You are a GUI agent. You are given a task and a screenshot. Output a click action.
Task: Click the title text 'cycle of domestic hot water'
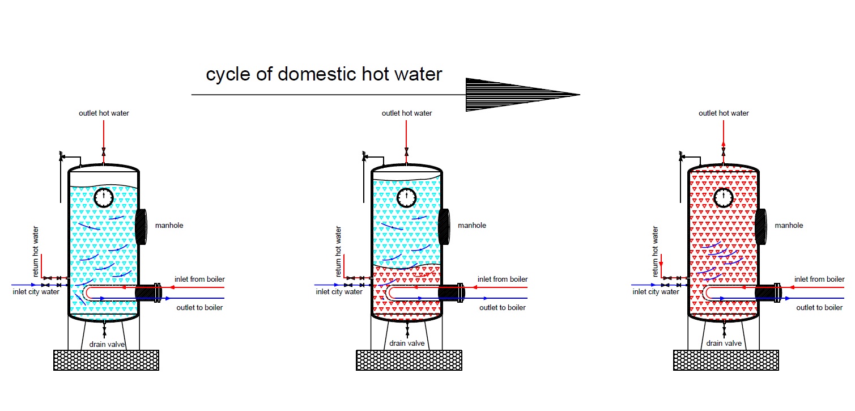324,74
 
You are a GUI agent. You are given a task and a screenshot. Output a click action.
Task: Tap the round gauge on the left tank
104,197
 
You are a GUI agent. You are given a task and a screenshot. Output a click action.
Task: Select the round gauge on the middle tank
406,197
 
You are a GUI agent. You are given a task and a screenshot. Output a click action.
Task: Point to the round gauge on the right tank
724,197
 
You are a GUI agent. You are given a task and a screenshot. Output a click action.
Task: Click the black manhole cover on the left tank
141,227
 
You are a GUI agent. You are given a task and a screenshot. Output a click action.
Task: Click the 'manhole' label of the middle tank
472,226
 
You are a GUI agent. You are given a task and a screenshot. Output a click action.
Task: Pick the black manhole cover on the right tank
761,227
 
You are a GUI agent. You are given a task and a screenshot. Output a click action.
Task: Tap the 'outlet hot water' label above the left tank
104,113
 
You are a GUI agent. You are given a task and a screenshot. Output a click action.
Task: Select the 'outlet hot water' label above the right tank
724,113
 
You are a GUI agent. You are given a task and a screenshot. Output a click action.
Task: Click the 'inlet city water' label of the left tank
36,292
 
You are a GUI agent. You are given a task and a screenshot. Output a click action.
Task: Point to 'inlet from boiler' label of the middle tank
503,279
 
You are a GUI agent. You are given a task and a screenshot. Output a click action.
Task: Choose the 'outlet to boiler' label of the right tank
819,307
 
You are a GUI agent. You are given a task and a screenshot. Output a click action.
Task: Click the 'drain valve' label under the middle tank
407,343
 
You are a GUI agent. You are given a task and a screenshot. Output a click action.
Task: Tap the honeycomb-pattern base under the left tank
106,360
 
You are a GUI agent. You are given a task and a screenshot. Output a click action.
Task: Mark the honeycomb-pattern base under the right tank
726,360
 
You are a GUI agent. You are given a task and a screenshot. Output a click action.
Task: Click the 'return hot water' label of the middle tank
338,251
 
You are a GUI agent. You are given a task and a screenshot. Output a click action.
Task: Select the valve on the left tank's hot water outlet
104,152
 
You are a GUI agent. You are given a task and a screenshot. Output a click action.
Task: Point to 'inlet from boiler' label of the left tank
199,279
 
